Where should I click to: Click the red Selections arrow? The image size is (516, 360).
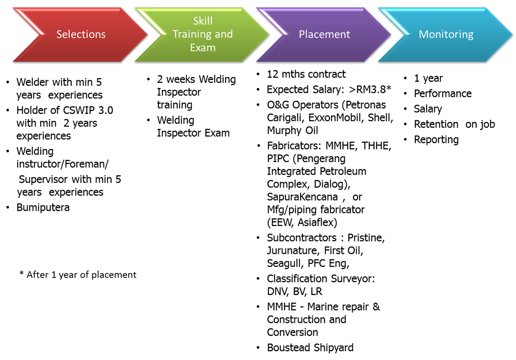pyautogui.click(x=81, y=34)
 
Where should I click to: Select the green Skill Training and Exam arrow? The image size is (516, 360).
pyautogui.click(x=203, y=34)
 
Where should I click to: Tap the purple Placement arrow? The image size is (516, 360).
pyautogui.click(x=324, y=34)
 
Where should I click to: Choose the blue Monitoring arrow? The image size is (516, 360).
pyautogui.click(x=446, y=34)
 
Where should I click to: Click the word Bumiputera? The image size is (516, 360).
pyautogui.click(x=43, y=207)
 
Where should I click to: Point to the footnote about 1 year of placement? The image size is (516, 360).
pyautogui.click(x=78, y=275)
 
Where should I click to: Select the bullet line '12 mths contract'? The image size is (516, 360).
pyautogui.click(x=306, y=75)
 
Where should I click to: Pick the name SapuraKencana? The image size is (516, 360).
pyautogui.click(x=302, y=197)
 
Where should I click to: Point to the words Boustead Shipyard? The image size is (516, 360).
pyautogui.click(x=310, y=348)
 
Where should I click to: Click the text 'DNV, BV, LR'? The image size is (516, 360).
pyautogui.click(x=295, y=291)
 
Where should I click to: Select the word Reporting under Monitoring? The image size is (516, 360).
pyautogui.click(x=436, y=140)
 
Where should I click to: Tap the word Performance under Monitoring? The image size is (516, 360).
pyautogui.click(x=443, y=93)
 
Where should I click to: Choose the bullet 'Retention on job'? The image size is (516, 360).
pyautogui.click(x=454, y=124)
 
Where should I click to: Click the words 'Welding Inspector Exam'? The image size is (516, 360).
pyautogui.click(x=193, y=127)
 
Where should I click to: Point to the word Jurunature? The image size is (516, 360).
pyautogui.click(x=292, y=251)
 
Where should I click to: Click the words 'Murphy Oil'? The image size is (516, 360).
pyautogui.click(x=293, y=130)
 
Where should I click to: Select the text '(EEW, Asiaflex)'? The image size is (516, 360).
pyautogui.click(x=302, y=222)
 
